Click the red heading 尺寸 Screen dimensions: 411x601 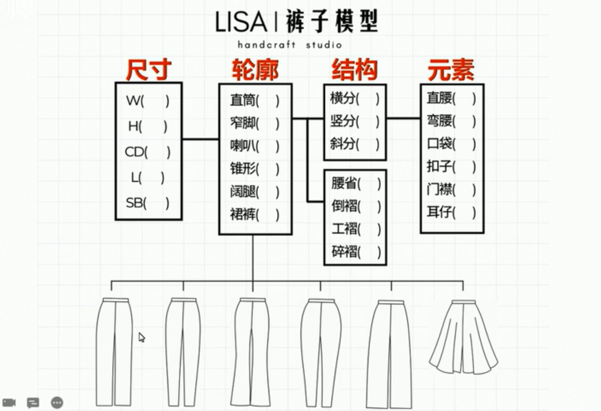click(148, 70)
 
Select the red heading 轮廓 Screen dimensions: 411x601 click(255, 70)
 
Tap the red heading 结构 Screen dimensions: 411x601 click(354, 70)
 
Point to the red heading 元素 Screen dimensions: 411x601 click(451, 70)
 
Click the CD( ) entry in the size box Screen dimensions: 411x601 click(147, 152)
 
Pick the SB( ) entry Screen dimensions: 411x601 click(147, 203)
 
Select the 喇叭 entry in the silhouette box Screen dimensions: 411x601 click(254, 146)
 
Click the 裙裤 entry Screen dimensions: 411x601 click(254, 215)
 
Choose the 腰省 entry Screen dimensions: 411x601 click(356, 183)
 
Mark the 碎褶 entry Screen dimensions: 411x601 click(356, 251)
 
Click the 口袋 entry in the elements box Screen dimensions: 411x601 click(451, 144)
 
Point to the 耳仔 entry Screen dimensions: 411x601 click(451, 212)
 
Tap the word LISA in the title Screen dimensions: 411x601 click(241, 22)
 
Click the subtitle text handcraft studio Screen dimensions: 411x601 click(290, 45)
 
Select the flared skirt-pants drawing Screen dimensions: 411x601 click(463, 337)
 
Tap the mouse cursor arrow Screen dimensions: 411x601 click(141, 337)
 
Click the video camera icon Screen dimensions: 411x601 click(9, 403)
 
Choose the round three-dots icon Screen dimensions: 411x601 click(57, 403)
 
